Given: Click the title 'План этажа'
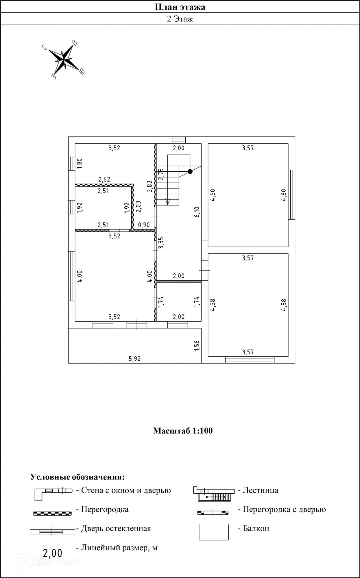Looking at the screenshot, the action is [180, 7].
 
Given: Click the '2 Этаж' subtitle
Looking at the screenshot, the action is [180, 19].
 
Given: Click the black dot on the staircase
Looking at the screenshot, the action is [190, 171].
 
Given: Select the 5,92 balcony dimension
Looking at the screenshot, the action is [134, 359].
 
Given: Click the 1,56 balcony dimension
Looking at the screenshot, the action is [197, 346].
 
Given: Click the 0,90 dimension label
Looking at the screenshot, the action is [144, 225].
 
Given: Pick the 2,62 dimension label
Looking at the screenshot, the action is [104, 179].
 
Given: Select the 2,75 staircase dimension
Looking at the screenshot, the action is [161, 174].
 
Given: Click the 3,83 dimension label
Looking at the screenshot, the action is [149, 186].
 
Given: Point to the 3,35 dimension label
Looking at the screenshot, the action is [161, 243].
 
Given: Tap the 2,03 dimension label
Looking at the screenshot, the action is [138, 207].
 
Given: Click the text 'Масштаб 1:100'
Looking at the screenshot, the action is [183, 431].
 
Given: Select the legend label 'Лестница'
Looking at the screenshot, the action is [260, 490].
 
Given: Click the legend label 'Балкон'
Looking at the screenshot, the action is [256, 529].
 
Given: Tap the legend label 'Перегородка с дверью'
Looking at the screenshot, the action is [284, 510].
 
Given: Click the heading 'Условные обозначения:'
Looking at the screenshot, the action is [77, 477].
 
